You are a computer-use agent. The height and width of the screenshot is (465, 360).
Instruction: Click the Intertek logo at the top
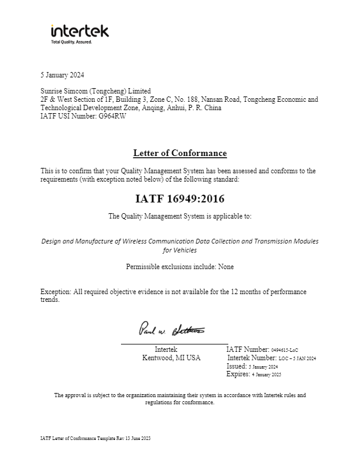tap(80, 31)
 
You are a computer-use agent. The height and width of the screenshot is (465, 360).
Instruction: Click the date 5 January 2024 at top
tap(62, 75)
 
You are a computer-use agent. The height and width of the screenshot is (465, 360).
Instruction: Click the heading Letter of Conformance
tap(179, 153)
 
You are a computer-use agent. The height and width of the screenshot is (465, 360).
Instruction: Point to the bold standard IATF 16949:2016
tap(180, 198)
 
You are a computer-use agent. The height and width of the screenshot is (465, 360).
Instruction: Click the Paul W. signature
tap(172, 329)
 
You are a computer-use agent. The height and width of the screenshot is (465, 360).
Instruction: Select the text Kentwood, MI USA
tap(171, 358)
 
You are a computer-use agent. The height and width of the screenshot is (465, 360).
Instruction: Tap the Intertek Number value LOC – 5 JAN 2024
tap(297, 358)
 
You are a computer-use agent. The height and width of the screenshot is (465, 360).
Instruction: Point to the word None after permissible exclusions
tap(226, 267)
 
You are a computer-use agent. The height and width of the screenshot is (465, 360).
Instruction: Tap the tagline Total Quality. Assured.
tap(72, 42)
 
